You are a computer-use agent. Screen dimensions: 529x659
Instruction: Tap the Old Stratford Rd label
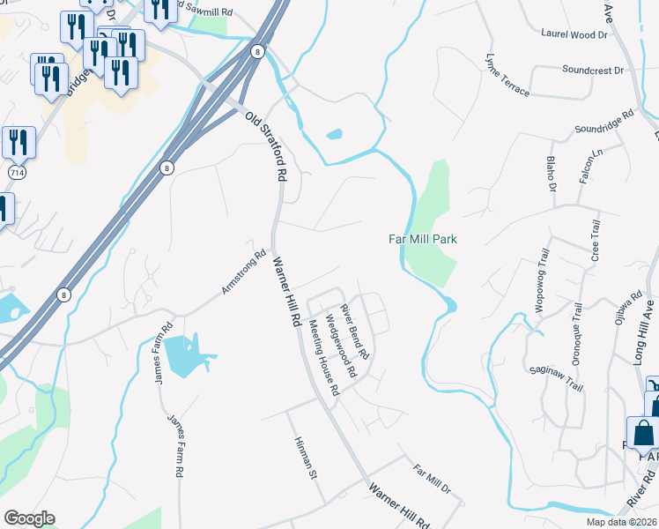pos(267,146)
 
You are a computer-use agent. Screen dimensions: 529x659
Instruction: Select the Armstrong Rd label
pos(244,273)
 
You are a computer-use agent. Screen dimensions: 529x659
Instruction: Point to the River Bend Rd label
pos(354,331)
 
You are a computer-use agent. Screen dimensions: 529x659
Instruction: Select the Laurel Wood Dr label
pos(573,35)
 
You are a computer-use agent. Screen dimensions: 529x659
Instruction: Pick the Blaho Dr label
pos(552,174)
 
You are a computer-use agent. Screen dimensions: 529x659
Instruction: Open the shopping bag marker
pos(643,432)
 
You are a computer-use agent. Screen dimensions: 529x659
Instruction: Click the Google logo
pos(29,518)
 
